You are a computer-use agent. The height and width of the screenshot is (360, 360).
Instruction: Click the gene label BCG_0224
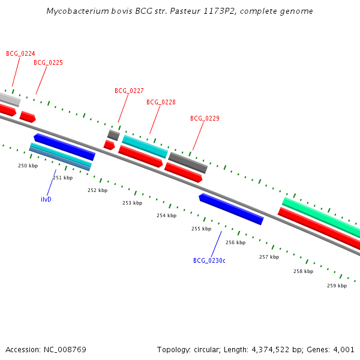click(20, 53)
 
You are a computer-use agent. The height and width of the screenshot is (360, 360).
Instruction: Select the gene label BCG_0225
click(48, 62)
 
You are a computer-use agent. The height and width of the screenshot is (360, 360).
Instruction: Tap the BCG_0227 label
click(129, 91)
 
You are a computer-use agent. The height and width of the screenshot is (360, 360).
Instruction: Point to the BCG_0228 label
click(161, 102)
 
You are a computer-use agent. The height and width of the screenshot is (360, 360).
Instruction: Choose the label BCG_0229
click(205, 118)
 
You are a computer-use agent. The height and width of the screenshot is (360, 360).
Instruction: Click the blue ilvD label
click(46, 199)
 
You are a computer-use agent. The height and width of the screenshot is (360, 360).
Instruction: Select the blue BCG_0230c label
click(209, 260)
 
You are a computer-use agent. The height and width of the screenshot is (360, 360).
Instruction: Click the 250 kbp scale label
click(28, 166)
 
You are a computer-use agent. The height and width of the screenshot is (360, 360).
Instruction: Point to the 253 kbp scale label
click(132, 203)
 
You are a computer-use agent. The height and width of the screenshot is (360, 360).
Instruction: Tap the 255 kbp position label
click(201, 229)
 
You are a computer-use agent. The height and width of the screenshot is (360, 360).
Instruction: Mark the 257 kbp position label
click(269, 257)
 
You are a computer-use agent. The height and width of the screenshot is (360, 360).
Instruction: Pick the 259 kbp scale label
click(337, 286)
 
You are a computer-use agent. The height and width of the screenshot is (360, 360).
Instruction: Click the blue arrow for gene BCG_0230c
click(231, 209)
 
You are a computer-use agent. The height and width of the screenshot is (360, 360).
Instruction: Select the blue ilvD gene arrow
click(64, 147)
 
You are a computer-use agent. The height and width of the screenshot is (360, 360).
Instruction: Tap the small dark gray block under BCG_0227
click(113, 135)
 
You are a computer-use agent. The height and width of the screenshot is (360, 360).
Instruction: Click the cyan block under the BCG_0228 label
click(145, 146)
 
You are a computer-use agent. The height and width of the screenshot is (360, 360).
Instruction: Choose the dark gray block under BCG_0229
click(188, 163)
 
